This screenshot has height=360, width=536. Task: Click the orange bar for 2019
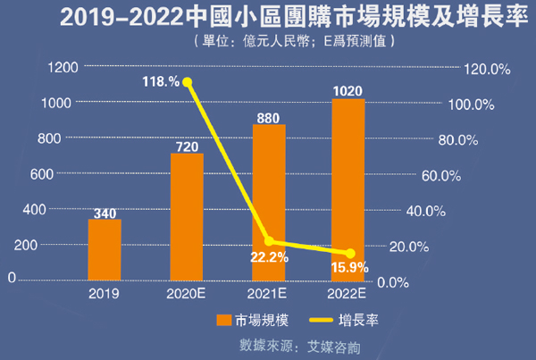tap(105, 250)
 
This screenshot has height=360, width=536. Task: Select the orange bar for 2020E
tap(187, 217)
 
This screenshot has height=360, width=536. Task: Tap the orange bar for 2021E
tap(269, 203)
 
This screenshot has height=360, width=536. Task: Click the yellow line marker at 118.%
tap(188, 81)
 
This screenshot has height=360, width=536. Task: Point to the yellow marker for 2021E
tap(269, 242)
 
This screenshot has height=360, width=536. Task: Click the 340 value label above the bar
tap(105, 213)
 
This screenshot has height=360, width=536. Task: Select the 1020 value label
tap(348, 90)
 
